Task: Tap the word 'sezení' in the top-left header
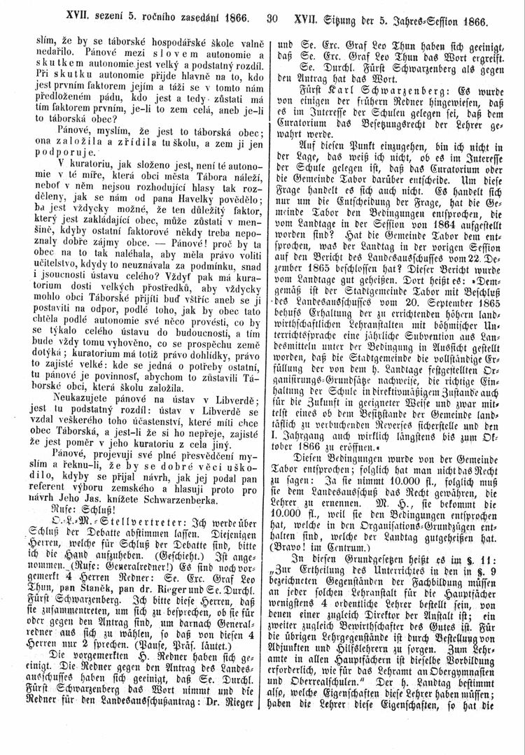[x=101, y=13]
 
